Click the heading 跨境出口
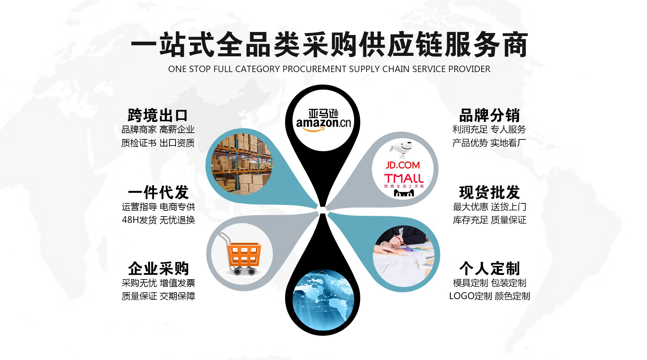[157, 116]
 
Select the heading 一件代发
[158, 193]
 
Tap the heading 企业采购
[158, 269]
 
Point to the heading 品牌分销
[489, 116]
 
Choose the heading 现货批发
[489, 193]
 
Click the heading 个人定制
[489, 269]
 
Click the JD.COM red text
[403, 165]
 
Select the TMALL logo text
[404, 178]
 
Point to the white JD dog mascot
[403, 149]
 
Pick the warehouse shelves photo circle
[242, 164]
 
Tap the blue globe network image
[323, 300]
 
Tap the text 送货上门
[509, 207]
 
